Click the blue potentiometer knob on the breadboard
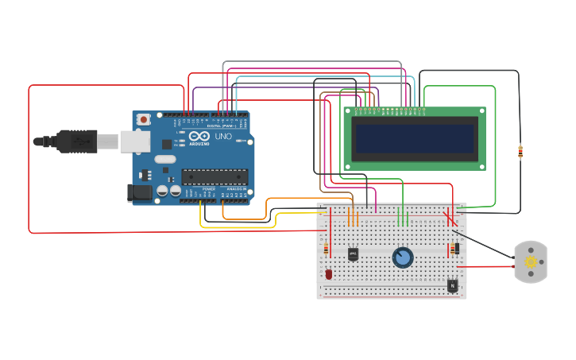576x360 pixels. (x=403, y=257)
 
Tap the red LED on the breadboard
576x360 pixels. (x=329, y=274)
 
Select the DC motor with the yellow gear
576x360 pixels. (x=531, y=262)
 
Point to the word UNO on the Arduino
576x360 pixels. (x=223, y=137)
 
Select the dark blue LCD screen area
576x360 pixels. (x=416, y=138)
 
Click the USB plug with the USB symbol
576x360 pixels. (x=78, y=141)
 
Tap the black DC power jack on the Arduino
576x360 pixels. (x=140, y=192)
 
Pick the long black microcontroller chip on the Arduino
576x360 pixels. (x=214, y=176)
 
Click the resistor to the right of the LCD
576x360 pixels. (x=520, y=151)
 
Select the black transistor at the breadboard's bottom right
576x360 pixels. (x=452, y=285)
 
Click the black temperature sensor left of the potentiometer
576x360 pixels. (x=353, y=254)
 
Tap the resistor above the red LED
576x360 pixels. (x=326, y=250)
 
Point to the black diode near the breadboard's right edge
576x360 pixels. (x=456, y=249)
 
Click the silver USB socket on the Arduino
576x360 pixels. (x=134, y=141)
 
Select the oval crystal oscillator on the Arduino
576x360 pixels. (x=165, y=159)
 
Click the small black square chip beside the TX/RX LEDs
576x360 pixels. (x=167, y=144)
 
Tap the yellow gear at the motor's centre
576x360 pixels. (x=531, y=262)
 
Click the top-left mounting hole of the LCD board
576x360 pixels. (x=347, y=112)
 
